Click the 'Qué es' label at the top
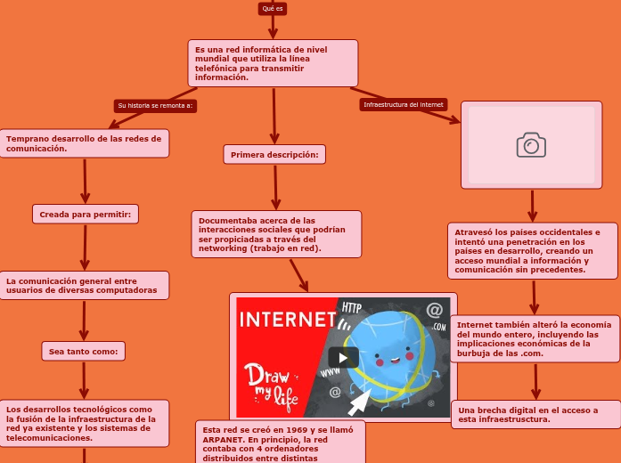click(273, 8)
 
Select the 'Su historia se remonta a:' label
click(155, 105)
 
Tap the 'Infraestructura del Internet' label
click(403, 104)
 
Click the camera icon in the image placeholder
click(531, 145)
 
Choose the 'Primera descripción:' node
click(274, 155)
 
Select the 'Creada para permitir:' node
click(86, 215)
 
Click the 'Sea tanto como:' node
click(84, 352)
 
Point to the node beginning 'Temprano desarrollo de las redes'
click(86, 143)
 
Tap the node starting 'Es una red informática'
click(273, 62)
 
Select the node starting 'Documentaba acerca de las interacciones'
click(276, 234)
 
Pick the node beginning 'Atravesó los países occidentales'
click(533, 250)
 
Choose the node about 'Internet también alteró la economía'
click(535, 338)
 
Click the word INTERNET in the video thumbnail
click(287, 320)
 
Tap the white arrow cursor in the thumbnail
click(359, 403)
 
